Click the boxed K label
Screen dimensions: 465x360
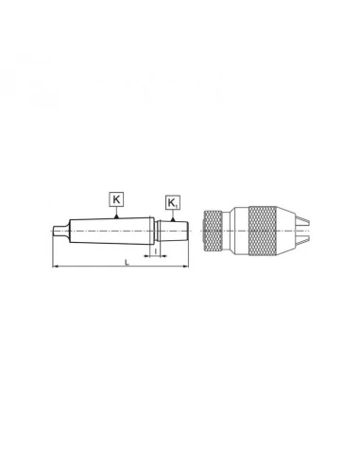coord(115,199)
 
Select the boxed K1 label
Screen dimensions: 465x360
coord(172,203)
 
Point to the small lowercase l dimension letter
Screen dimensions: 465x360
coord(155,252)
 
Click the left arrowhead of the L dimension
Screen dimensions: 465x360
coord(55,268)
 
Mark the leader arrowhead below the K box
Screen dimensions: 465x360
coord(115,216)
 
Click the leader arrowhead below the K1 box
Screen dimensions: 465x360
coord(172,219)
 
